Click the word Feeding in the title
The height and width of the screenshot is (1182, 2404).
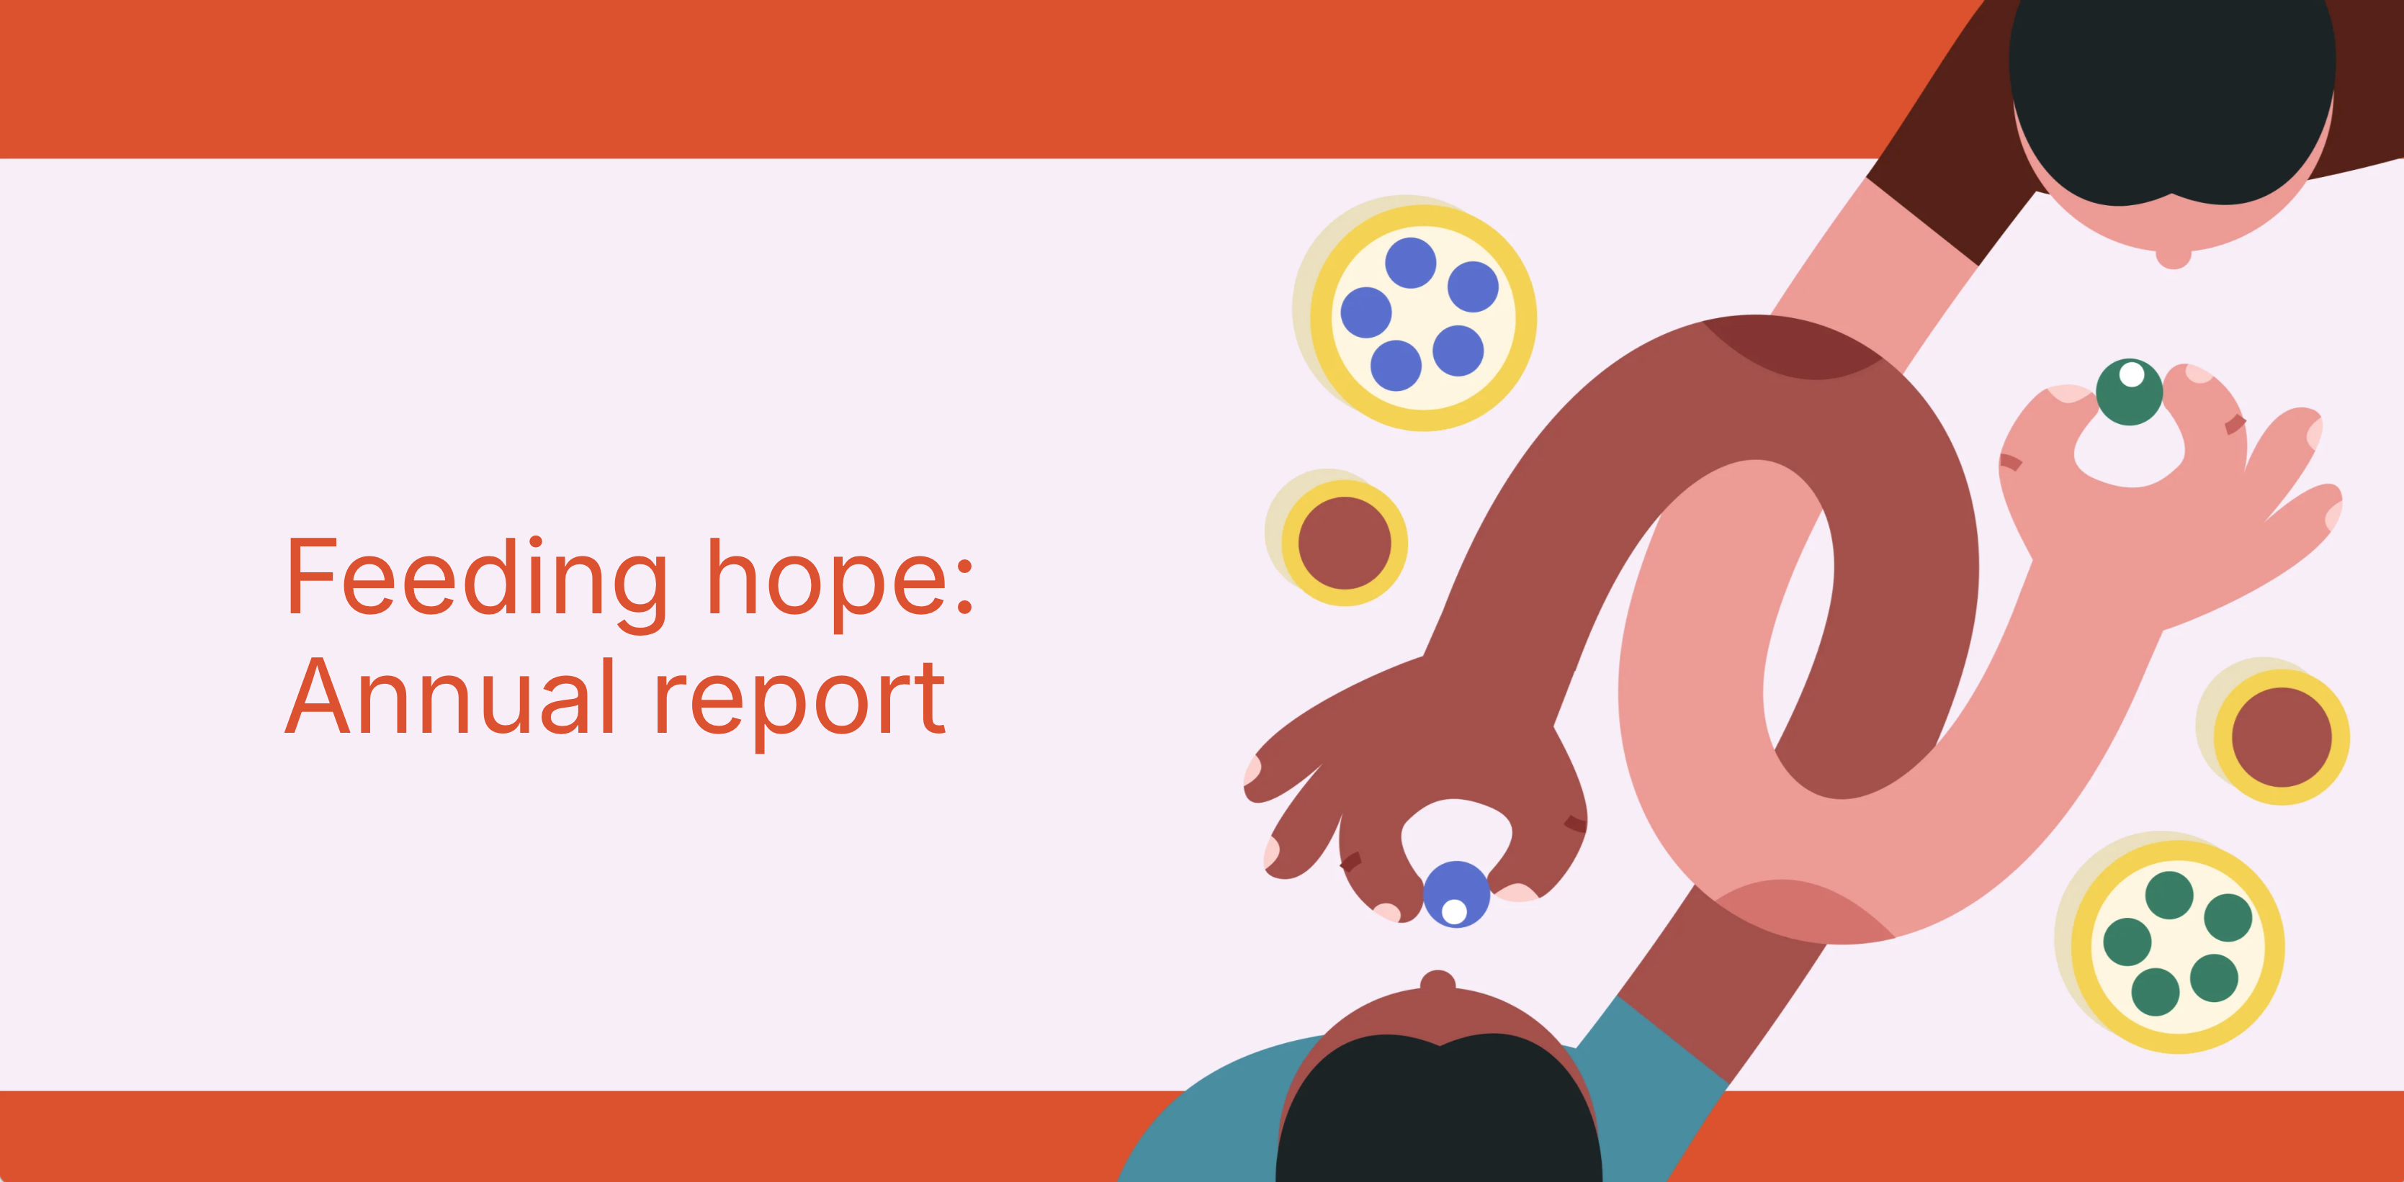click(476, 579)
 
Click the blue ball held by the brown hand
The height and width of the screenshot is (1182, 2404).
click(1456, 894)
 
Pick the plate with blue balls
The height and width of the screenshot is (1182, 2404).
click(1422, 317)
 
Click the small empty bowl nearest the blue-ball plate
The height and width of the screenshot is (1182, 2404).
click(1344, 543)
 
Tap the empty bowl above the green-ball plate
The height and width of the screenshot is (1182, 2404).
click(2281, 737)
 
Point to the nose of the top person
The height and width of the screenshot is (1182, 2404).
click(2174, 258)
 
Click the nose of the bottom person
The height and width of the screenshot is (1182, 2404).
click(1438, 983)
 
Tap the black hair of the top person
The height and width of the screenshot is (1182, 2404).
click(2171, 94)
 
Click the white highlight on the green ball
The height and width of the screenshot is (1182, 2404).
click(2132, 375)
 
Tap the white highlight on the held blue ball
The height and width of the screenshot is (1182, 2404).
click(1454, 911)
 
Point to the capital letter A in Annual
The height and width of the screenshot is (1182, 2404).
click(318, 697)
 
